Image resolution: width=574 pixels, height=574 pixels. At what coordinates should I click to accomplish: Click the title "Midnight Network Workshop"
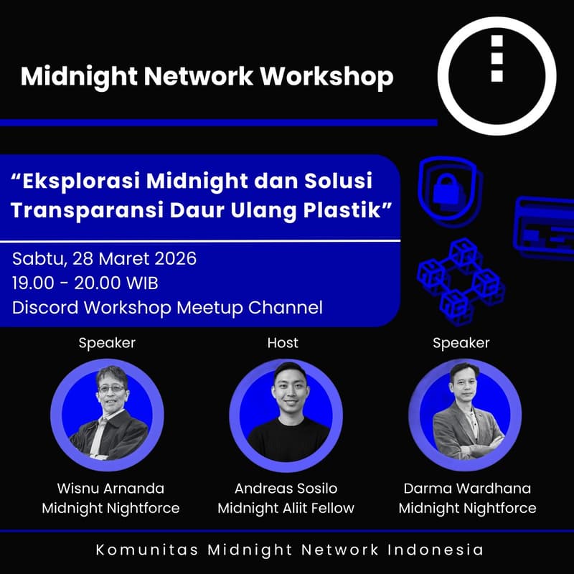[207, 76]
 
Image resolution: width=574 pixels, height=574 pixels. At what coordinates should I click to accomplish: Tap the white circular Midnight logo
[497, 76]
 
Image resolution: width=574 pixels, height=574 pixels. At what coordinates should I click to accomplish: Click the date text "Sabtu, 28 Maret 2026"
[105, 258]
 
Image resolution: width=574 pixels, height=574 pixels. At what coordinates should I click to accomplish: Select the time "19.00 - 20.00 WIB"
[85, 283]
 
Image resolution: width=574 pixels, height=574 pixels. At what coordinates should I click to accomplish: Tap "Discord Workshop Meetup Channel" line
[167, 308]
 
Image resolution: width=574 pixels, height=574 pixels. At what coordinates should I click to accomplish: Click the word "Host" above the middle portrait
[283, 343]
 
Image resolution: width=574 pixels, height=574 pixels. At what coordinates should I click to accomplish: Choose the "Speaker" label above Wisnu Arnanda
[107, 343]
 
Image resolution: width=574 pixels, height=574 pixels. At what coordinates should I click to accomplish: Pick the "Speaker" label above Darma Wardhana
[461, 343]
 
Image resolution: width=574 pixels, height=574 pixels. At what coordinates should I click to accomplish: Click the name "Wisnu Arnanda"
[110, 489]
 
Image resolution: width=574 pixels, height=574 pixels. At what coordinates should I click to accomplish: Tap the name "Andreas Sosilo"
[286, 489]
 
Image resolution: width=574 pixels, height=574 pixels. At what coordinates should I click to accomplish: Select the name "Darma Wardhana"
[467, 489]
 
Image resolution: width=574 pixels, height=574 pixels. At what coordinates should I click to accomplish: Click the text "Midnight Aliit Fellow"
[286, 509]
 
